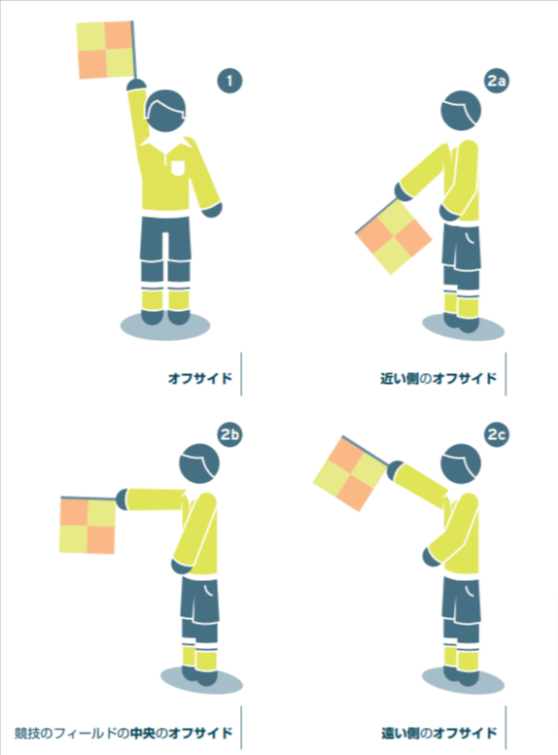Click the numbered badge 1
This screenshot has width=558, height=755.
click(x=229, y=81)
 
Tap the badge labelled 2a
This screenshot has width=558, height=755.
click(x=497, y=81)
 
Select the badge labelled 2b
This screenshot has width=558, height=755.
click(x=229, y=434)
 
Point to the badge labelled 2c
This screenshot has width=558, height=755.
click(x=497, y=434)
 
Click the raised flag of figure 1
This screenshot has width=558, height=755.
click(x=106, y=50)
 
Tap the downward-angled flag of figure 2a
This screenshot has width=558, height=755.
click(x=393, y=236)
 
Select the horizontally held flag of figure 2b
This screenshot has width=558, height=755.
click(x=87, y=525)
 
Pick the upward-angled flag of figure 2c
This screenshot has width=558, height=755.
click(x=350, y=473)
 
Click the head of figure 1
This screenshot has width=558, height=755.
click(x=165, y=111)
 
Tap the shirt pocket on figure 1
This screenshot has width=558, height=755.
click(x=178, y=167)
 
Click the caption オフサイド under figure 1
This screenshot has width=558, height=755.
click(x=200, y=378)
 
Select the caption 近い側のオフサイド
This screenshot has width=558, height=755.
click(x=438, y=378)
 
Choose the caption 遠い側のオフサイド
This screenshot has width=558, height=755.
click(x=439, y=733)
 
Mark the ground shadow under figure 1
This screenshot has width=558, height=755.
click(x=165, y=326)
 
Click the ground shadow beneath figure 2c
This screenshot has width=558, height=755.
click(x=463, y=680)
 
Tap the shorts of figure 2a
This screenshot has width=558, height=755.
click(x=461, y=247)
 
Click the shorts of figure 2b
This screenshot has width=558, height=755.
click(x=199, y=600)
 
